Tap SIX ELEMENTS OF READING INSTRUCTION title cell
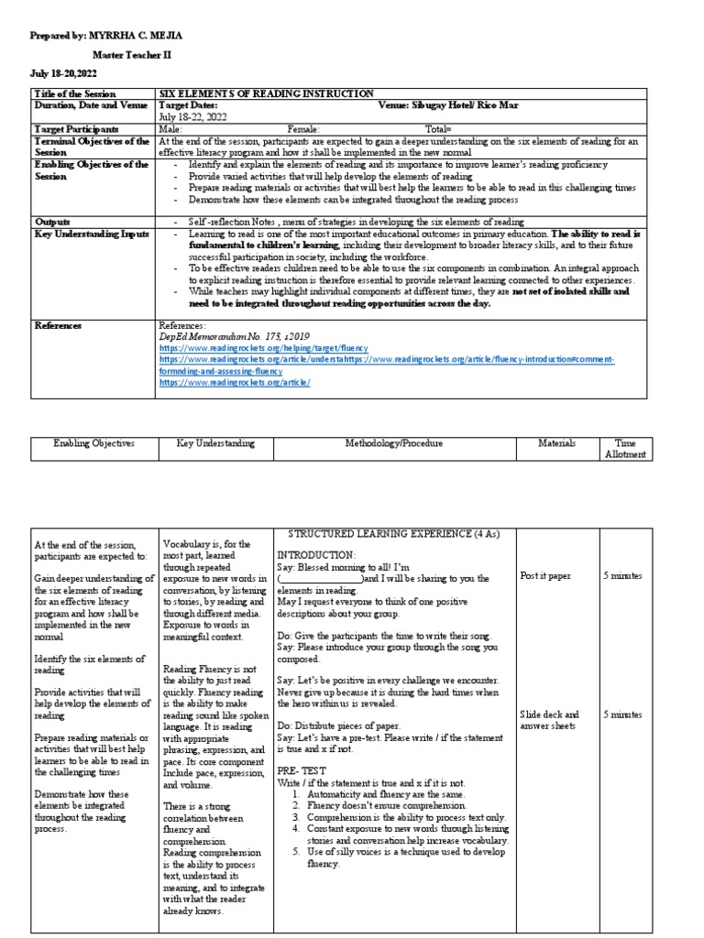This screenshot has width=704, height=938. click(x=266, y=94)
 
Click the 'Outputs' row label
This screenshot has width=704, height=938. click(x=52, y=222)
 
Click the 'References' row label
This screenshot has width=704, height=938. click(x=58, y=325)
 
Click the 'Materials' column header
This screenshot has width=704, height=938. click(x=557, y=443)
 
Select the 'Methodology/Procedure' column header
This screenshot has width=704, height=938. click(x=393, y=443)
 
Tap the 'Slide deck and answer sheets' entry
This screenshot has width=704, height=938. click(x=548, y=720)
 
